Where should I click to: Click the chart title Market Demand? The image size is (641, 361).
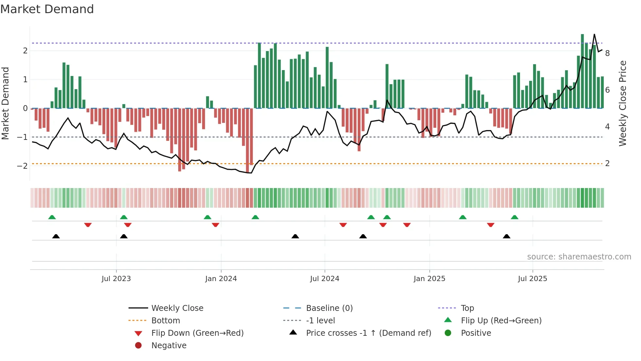47,9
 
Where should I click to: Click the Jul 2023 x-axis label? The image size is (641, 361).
116,279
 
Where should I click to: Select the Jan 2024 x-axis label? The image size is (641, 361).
221,279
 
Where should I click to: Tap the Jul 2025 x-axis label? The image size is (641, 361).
532,279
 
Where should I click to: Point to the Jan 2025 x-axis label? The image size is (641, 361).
429,279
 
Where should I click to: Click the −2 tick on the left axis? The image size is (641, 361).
22,166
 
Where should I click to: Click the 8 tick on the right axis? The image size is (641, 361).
607,53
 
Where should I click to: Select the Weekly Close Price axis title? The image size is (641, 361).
623,103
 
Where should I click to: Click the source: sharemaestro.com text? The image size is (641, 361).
579,257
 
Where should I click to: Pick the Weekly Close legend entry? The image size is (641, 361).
177,308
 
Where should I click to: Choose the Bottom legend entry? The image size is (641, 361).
165,321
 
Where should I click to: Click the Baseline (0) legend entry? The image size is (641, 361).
329,308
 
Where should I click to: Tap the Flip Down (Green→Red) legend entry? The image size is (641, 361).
197,333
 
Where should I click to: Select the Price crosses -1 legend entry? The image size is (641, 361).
369,333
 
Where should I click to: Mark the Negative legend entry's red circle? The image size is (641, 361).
138,346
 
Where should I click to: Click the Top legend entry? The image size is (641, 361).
467,308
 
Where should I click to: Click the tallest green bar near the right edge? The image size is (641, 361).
582,71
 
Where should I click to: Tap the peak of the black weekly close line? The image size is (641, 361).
594,34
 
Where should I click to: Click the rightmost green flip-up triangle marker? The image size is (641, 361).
514,217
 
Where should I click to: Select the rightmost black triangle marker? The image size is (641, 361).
507,236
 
